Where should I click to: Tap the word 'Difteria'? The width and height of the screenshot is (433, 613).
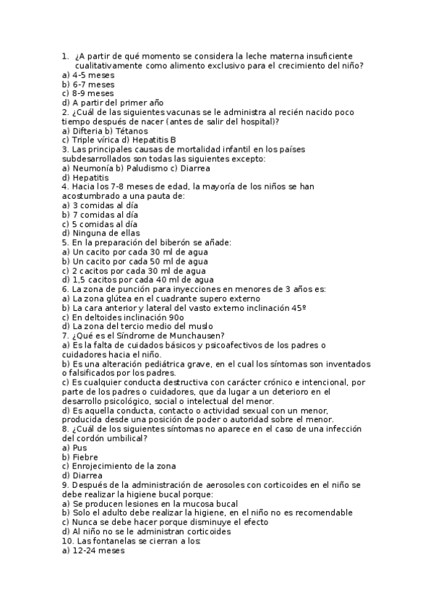(89, 131)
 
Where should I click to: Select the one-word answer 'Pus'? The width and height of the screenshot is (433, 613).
(80, 447)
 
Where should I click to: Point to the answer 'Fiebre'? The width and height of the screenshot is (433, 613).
(84, 457)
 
